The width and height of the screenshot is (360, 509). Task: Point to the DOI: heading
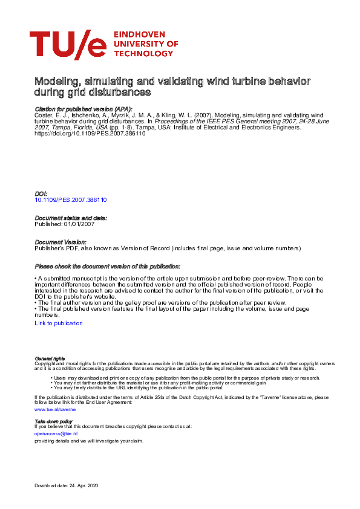pos(41,193)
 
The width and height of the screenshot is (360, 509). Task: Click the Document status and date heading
pos(71,218)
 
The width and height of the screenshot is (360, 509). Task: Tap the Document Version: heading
pos(61,242)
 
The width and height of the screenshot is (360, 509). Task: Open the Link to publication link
pos(59,323)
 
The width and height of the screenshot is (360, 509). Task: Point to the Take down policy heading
pos(53,421)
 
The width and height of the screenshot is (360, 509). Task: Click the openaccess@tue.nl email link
pos(56,433)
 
